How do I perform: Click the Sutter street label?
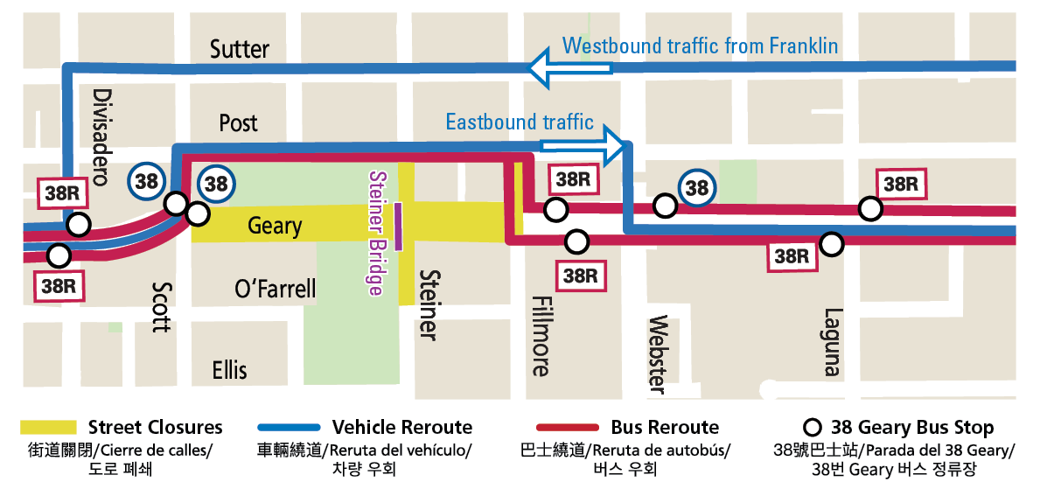click(240, 50)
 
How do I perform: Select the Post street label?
click(239, 122)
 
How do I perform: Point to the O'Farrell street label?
click(276, 289)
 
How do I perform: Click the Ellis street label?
click(230, 370)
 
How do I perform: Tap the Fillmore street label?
click(541, 336)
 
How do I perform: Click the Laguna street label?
click(834, 342)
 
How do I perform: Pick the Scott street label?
click(161, 306)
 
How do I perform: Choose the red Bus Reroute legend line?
click(569, 428)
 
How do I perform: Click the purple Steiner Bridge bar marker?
click(399, 226)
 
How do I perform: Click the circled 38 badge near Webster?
click(696, 188)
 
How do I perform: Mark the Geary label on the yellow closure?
click(275, 226)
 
